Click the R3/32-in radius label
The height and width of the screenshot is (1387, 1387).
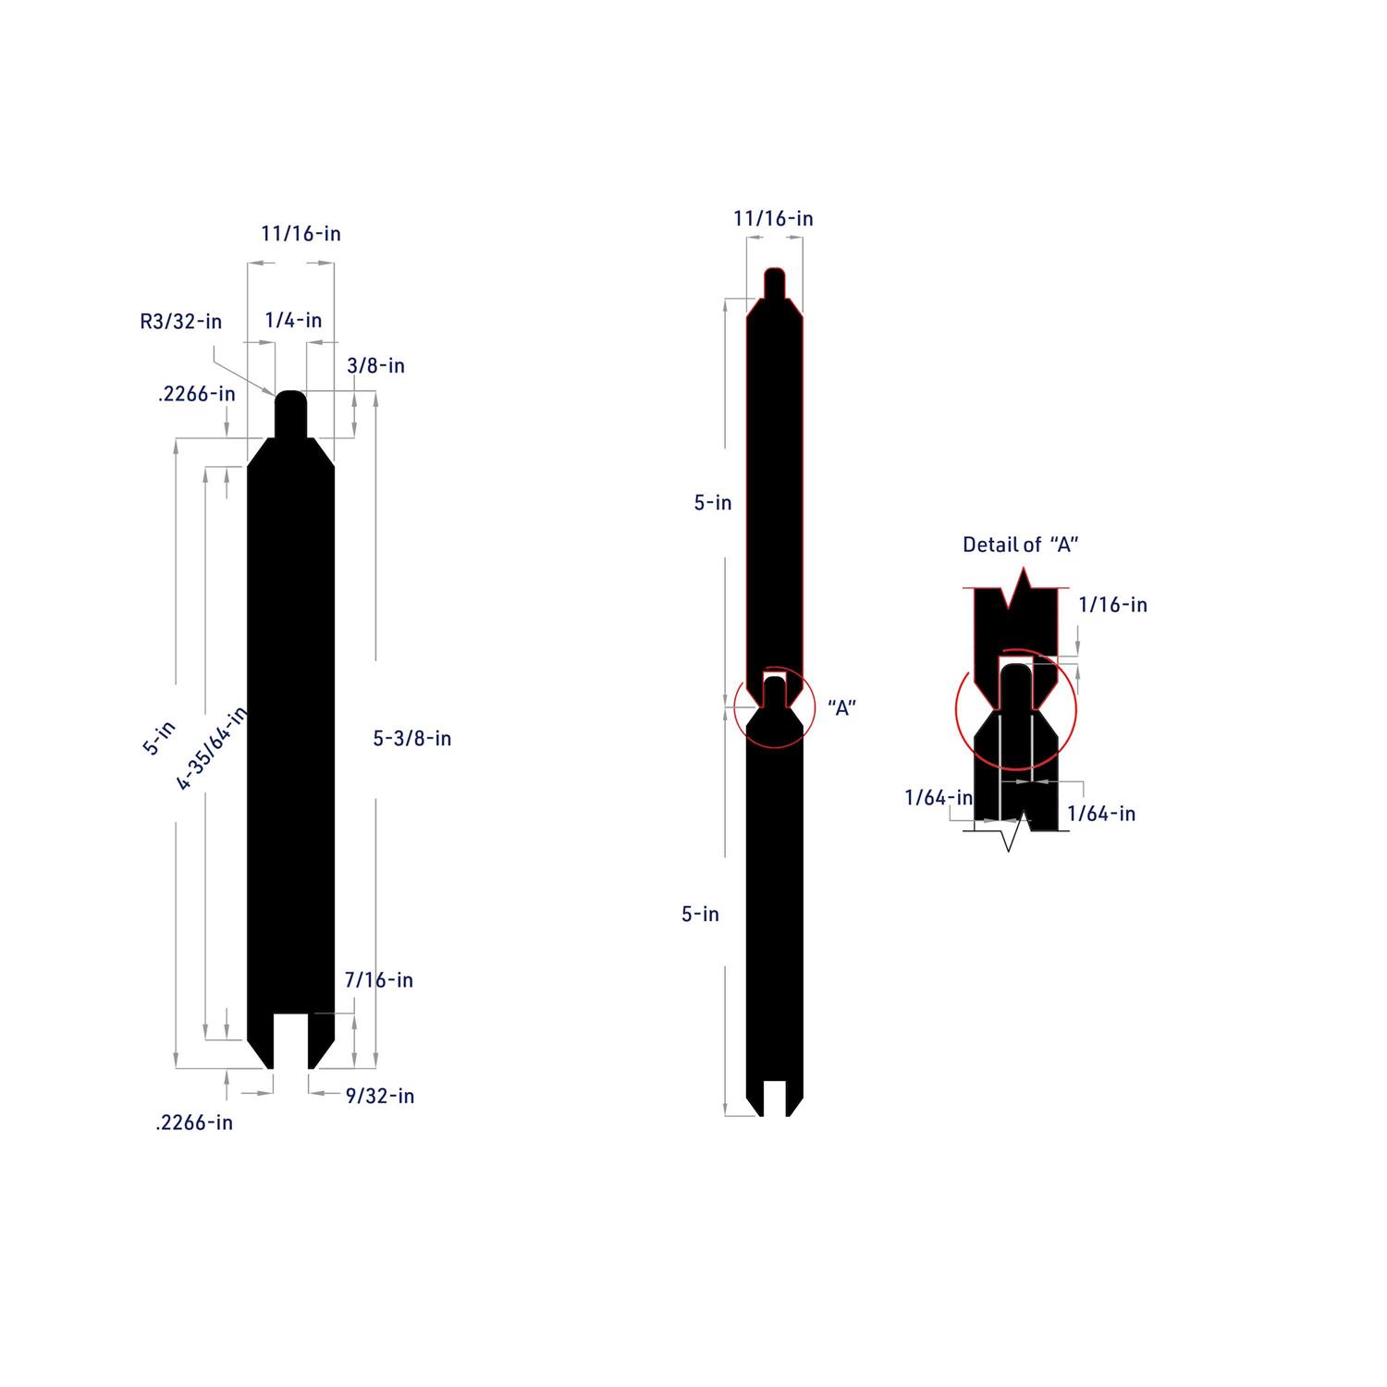click(181, 322)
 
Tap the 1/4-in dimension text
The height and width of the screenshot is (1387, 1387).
click(293, 320)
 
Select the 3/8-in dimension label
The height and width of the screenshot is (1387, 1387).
click(375, 365)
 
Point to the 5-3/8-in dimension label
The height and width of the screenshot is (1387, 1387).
click(412, 738)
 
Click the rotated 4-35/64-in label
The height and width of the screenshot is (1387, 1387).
click(212, 748)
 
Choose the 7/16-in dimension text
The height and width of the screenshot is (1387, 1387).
click(379, 979)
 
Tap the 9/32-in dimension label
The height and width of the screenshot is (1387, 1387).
click(380, 1096)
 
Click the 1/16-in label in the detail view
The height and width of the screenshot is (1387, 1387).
click(1113, 605)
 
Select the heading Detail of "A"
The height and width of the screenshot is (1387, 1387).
click(1021, 545)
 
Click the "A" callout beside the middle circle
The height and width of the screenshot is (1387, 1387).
click(841, 708)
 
